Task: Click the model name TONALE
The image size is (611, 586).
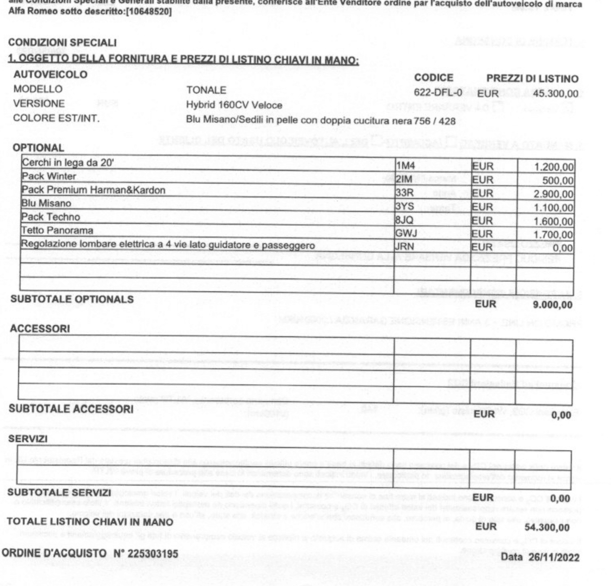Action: [206, 90]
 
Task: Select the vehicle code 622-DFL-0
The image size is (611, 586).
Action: [438, 93]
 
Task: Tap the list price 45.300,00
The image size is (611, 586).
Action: [555, 94]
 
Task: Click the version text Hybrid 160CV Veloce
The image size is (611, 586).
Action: [234, 105]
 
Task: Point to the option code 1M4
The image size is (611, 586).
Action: [406, 166]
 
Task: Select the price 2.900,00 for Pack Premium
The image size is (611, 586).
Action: [553, 194]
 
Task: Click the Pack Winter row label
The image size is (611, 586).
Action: [49, 176]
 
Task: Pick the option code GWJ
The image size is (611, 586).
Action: [406, 233]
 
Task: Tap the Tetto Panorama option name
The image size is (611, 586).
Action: [57, 231]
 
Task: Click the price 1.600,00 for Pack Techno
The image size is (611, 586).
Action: [553, 221]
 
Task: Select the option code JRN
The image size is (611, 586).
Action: [405, 247]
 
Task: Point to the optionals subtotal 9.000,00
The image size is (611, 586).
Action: [553, 305]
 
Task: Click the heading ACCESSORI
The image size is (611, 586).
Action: [40, 329]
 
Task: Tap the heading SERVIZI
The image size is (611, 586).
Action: [27, 439]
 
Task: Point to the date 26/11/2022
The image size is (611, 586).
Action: [554, 558]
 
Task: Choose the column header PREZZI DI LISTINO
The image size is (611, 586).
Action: [532, 79]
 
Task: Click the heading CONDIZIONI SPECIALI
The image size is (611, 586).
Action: [62, 43]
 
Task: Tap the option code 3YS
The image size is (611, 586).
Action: [405, 207]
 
